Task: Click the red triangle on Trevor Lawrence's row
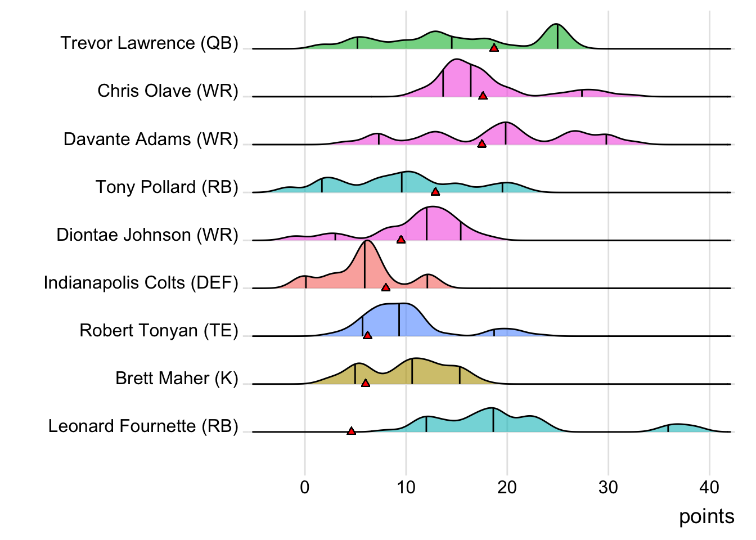coord(494,48)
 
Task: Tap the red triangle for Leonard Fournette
coord(351,431)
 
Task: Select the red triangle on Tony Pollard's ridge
coord(435,192)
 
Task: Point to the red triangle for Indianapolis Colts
coord(386,287)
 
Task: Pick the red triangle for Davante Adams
coord(481,144)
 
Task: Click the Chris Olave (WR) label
coord(168,91)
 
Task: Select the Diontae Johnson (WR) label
coord(147,235)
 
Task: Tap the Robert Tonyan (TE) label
coord(159,330)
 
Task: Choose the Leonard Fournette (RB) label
coord(143,426)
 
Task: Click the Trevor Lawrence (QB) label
coord(150,43)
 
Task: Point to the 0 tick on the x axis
coord(305,487)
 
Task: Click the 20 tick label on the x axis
coord(507,487)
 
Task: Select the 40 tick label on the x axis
coord(709,487)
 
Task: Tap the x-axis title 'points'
coord(706,516)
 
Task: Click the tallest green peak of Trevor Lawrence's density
coord(556,25)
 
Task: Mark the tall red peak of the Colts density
coord(366,242)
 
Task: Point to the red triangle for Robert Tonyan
coord(367,335)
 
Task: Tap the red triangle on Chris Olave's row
coord(483,96)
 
